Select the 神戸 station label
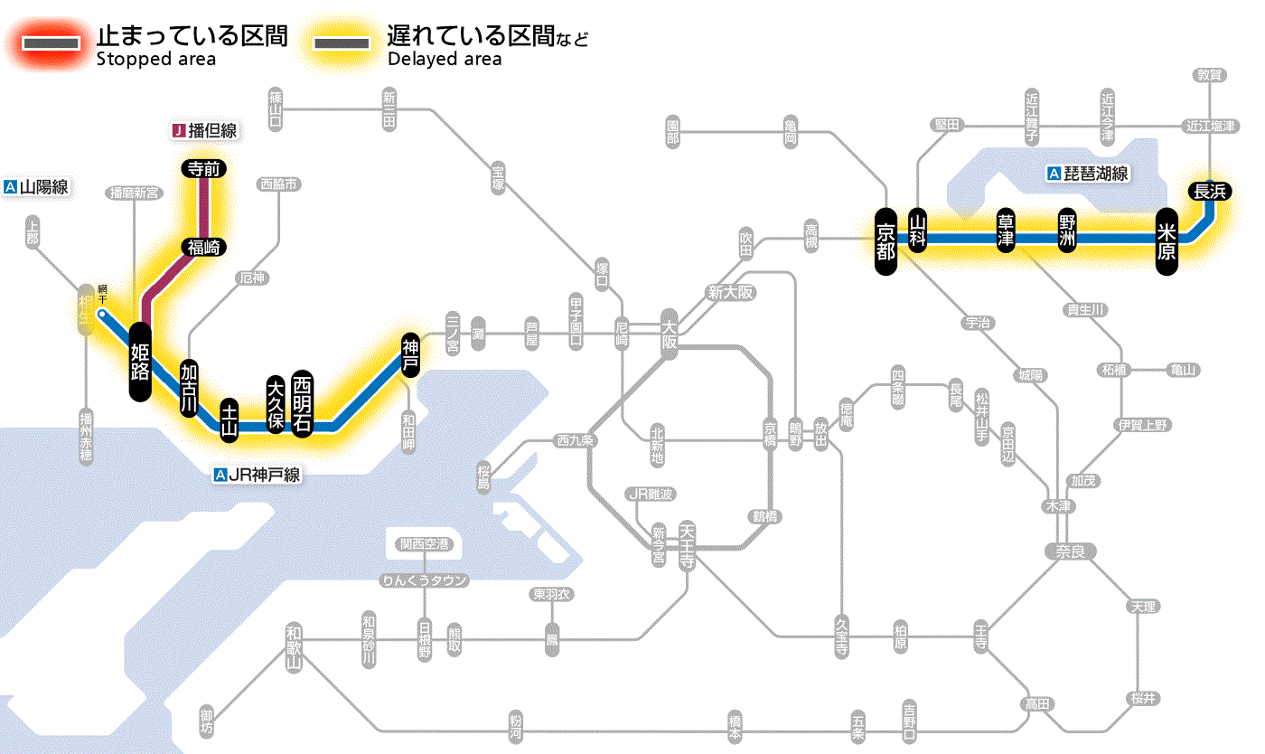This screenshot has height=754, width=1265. pyautogui.click(x=410, y=354)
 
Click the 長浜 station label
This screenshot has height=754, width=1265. pyautogui.click(x=1209, y=191)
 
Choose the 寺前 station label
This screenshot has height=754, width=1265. pyautogui.click(x=203, y=168)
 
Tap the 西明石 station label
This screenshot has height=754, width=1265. pyautogui.click(x=302, y=402)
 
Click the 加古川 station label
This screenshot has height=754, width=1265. pyautogui.click(x=189, y=388)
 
